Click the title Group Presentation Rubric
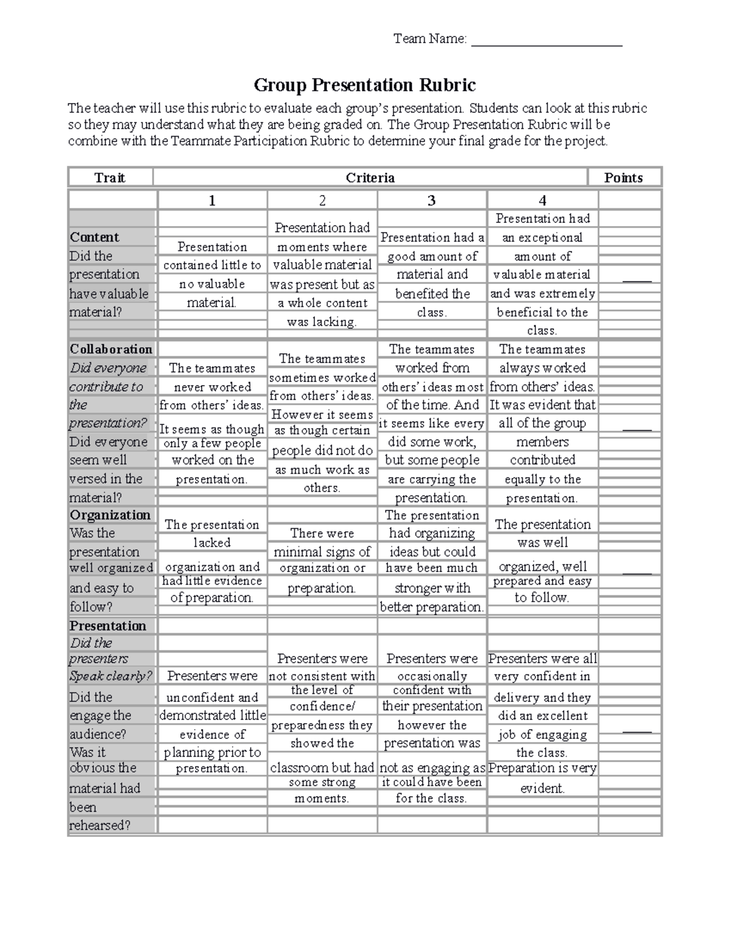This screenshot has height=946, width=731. coord(364,85)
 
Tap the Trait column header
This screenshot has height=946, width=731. coord(110,178)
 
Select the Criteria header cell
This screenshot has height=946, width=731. coord(370,178)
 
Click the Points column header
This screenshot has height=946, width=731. coord(623,178)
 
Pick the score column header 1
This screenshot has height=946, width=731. coord(212,200)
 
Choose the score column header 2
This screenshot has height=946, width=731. coord(322,200)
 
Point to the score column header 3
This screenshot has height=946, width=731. coord(431,200)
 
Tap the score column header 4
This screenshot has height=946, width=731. coord(542,200)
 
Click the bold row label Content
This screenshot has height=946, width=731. coord(94,237)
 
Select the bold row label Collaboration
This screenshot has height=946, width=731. coord(111,349)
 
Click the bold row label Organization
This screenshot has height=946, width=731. coord(110,515)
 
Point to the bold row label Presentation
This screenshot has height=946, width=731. coord(108,626)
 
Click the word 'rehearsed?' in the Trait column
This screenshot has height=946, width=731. coord(100,825)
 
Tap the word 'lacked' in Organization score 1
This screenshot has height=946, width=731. coord(212,542)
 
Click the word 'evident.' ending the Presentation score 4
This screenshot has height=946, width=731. coord(542,788)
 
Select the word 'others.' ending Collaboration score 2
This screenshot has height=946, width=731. coord(322,488)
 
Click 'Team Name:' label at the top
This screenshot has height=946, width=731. coord(430,39)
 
